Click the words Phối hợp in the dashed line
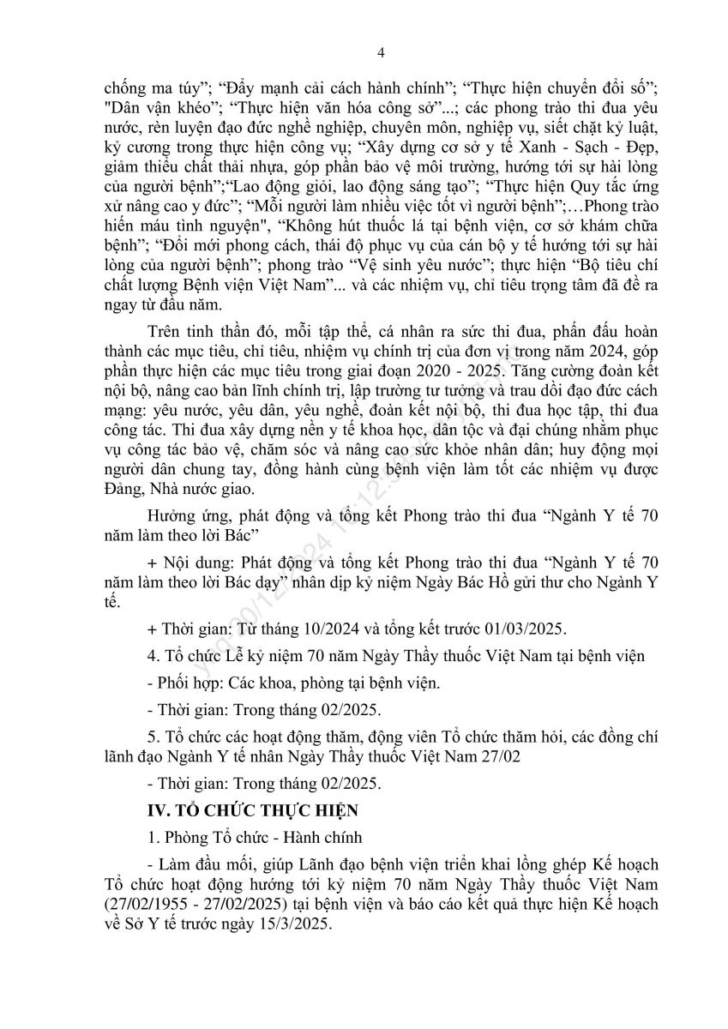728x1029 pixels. (188, 683)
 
